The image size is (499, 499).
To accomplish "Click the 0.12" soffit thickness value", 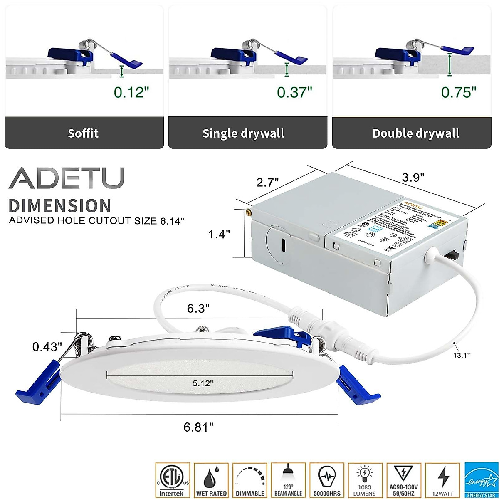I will [131, 92].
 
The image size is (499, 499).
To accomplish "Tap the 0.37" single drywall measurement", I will [294, 92].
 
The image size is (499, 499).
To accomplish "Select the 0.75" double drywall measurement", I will [459, 92].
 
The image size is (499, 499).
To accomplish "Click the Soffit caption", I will [83, 133].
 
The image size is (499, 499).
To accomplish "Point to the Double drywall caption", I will [415, 133].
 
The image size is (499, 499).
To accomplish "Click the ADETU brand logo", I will [67, 178].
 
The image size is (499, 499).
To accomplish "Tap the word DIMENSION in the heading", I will [60, 206].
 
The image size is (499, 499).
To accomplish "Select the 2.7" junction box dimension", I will [267, 182].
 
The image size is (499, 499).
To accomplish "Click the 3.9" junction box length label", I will [413, 178].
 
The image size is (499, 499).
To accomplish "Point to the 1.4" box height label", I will [219, 235].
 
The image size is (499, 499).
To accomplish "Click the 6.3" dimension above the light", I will [198, 308].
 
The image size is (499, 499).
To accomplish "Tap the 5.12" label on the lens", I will [203, 383].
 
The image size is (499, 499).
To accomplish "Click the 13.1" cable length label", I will [461, 355].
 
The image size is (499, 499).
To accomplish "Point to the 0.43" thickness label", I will [47, 346].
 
